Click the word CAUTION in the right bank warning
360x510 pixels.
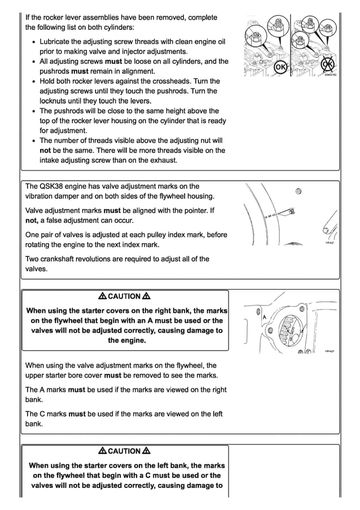click(x=124, y=297)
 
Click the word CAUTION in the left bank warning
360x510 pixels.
click(x=124, y=451)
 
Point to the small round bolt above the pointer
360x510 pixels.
click(x=298, y=190)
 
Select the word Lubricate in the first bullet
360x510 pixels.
click(x=58, y=42)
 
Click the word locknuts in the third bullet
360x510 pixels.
click(x=55, y=101)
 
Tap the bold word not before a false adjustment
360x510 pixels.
click(x=32, y=220)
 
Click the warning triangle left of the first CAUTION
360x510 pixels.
click(x=102, y=297)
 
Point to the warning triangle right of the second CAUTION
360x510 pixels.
click(x=147, y=451)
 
